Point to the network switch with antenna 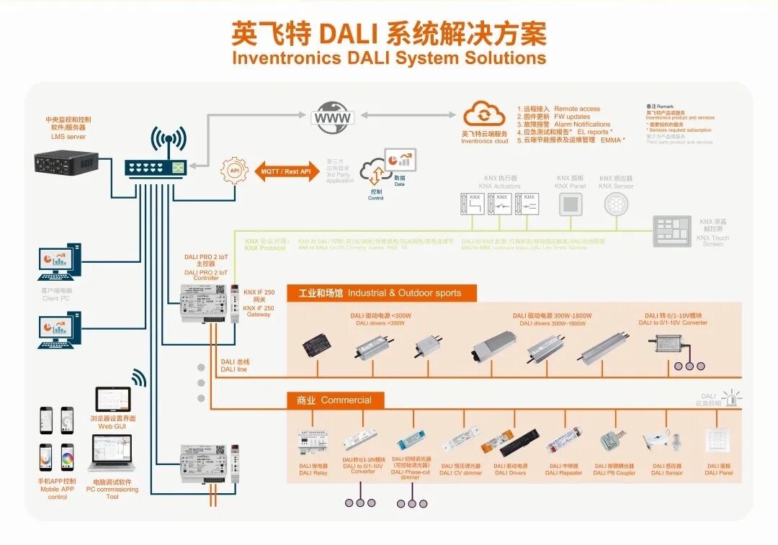156,166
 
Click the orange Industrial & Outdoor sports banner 384,293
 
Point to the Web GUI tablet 113,400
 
